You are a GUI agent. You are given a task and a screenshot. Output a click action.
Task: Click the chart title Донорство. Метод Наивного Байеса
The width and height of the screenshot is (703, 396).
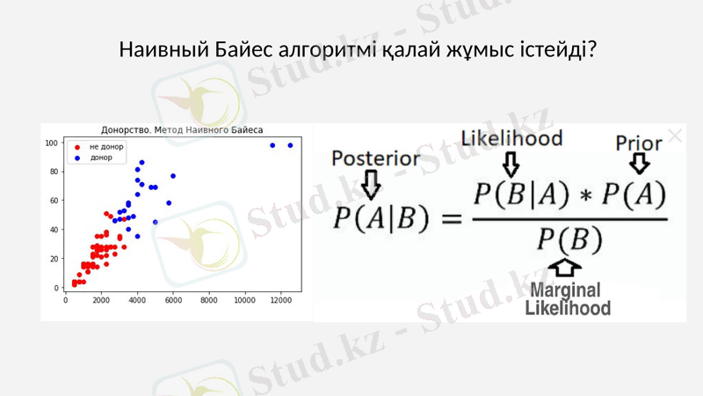[x=182, y=130]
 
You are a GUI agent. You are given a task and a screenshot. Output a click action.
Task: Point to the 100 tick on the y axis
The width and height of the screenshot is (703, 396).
[x=52, y=143]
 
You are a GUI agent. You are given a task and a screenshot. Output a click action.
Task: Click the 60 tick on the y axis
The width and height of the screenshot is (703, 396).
[x=54, y=201]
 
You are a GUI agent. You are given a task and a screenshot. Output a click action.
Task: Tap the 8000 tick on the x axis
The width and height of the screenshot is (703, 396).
[x=209, y=300]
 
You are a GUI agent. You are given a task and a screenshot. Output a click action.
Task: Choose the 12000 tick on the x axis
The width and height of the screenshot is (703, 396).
[x=281, y=300]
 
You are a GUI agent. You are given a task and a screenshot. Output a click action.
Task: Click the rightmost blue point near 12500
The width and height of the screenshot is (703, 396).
[x=290, y=145]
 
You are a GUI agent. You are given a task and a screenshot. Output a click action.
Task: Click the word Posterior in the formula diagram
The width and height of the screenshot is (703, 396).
[x=375, y=158]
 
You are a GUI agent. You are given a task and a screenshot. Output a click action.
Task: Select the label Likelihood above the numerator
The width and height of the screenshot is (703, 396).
[x=511, y=138]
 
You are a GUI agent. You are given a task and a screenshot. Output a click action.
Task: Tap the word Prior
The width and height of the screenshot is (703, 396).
[x=639, y=143]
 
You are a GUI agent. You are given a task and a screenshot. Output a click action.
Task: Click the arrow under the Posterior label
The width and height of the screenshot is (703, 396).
[x=371, y=183]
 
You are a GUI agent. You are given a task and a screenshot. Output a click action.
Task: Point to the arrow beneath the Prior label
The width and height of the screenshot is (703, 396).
[x=640, y=164]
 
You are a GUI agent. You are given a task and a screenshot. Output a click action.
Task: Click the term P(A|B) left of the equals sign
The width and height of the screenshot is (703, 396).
[x=376, y=217]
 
